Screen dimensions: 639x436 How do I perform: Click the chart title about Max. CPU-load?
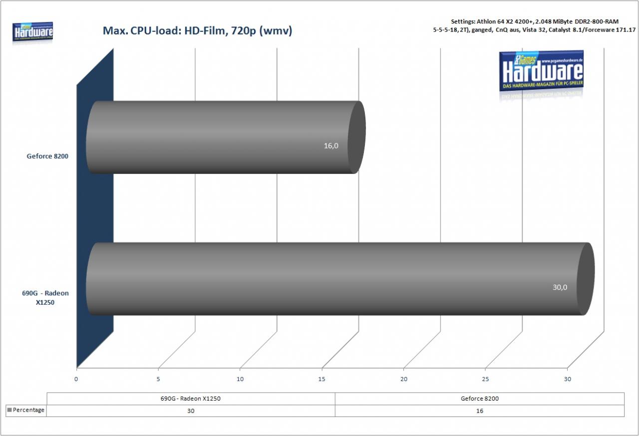click(x=197, y=30)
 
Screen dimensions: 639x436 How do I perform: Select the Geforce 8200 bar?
click(x=226, y=137)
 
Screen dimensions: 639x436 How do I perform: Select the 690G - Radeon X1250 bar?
click(x=340, y=279)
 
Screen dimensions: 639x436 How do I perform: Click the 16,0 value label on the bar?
click(x=331, y=146)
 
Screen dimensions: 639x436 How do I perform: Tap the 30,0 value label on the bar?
click(x=560, y=287)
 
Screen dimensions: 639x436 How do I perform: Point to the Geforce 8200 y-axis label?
click(x=47, y=156)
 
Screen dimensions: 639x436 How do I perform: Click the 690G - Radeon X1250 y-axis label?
click(x=45, y=298)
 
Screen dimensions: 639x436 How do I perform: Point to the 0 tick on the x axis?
click(x=76, y=379)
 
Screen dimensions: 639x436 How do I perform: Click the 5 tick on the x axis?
click(x=158, y=379)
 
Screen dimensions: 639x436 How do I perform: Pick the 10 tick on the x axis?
click(x=240, y=379)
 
